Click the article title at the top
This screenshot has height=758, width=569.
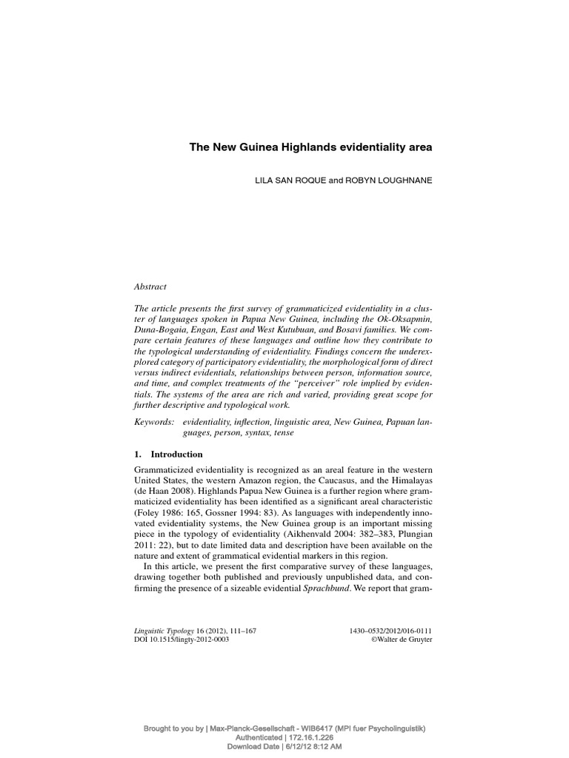coord(310,147)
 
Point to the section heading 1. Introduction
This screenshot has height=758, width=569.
coord(168,454)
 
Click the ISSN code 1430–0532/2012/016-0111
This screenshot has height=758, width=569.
coord(390,631)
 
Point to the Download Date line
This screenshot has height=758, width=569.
coord(284,748)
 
